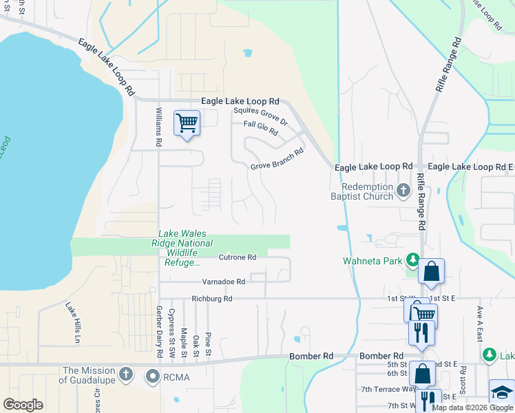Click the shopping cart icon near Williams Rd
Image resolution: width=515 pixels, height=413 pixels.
click(x=187, y=123)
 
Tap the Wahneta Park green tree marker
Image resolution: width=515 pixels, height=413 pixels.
click(x=412, y=260)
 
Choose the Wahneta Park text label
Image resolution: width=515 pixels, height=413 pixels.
click(x=373, y=261)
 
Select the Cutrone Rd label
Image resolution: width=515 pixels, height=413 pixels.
click(x=237, y=257)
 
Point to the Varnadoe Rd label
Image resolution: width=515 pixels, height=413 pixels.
click(x=223, y=282)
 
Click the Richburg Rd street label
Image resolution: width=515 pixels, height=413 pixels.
click(x=213, y=299)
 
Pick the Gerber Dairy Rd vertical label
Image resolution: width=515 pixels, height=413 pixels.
click(x=158, y=332)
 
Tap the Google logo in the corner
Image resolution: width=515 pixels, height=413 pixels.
click(x=23, y=404)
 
